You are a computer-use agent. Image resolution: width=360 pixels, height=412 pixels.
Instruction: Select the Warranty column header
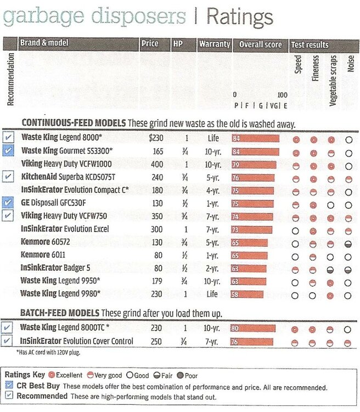coord(214,44)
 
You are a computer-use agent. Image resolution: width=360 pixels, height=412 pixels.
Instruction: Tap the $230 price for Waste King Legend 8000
coord(156,138)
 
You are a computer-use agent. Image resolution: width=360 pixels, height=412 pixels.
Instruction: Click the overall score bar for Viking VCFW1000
coord(254,164)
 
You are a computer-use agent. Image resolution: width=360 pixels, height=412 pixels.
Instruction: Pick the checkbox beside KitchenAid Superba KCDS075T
coord(8,176)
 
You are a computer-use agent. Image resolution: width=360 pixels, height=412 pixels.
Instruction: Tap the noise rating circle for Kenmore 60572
coord(348,243)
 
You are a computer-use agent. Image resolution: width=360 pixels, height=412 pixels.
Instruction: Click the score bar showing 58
coord(247,294)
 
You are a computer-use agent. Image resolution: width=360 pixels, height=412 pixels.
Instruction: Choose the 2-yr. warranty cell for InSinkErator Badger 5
coord(214,268)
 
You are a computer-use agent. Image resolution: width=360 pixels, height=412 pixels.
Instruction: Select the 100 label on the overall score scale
coord(282,94)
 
